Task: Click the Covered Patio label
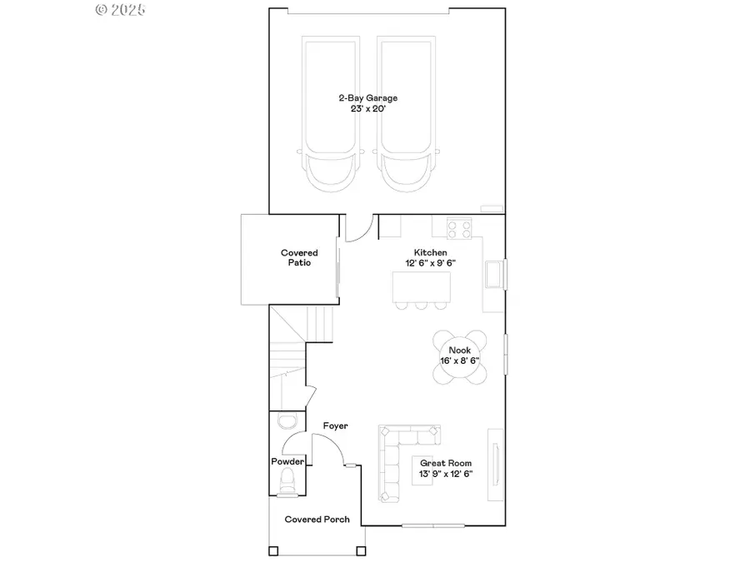pos(299,257)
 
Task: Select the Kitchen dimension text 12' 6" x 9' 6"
pos(430,263)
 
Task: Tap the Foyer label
pos(335,426)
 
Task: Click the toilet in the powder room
pos(287,481)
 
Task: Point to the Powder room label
pos(287,461)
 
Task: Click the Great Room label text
pos(446,464)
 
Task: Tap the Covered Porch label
pos(317,520)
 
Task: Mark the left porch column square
pos(272,550)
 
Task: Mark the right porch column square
pos(360,550)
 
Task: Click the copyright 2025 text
pos(121,10)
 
